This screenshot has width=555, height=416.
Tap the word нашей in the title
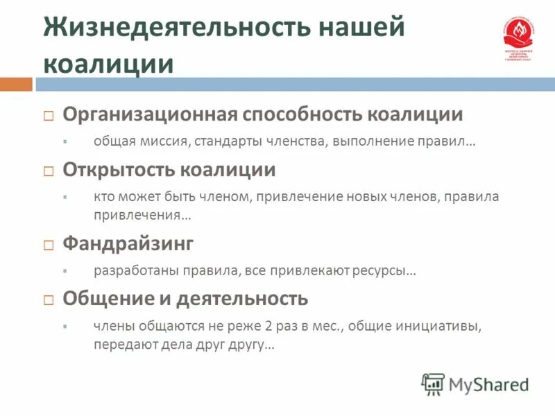click(x=361, y=28)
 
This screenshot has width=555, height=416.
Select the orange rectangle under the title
click(x=16, y=85)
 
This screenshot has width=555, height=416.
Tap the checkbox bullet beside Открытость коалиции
click(x=49, y=171)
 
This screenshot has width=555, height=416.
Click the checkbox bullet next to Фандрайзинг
click(x=49, y=245)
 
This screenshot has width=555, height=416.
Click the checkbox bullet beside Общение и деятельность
click(x=49, y=300)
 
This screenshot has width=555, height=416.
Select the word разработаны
click(x=131, y=270)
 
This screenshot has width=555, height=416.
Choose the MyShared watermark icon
click(x=433, y=383)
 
